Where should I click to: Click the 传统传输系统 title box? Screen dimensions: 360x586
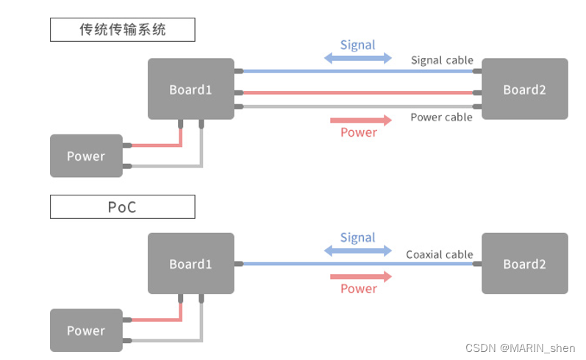123,30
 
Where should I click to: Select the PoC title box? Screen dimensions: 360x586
123,207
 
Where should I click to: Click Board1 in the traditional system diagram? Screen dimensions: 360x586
190,89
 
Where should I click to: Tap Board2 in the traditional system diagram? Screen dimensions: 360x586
524,89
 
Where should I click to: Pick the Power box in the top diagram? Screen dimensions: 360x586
86,156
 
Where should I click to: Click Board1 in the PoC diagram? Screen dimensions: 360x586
190,264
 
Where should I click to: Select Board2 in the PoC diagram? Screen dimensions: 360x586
524,264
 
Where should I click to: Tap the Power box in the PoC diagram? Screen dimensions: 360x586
86,331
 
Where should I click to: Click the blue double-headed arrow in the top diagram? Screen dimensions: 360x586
358,58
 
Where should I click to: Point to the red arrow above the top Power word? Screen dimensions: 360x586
361,120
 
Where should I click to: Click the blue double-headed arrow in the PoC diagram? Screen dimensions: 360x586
358,251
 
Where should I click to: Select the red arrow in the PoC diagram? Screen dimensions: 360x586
361,276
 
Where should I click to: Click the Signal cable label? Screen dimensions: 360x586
442,60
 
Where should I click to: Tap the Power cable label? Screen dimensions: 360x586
441,118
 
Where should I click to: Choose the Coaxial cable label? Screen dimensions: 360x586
440,255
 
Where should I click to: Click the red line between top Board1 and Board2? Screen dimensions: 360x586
358,93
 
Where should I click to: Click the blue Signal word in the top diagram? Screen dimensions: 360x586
358,45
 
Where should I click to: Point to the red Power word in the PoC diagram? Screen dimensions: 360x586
359,289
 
